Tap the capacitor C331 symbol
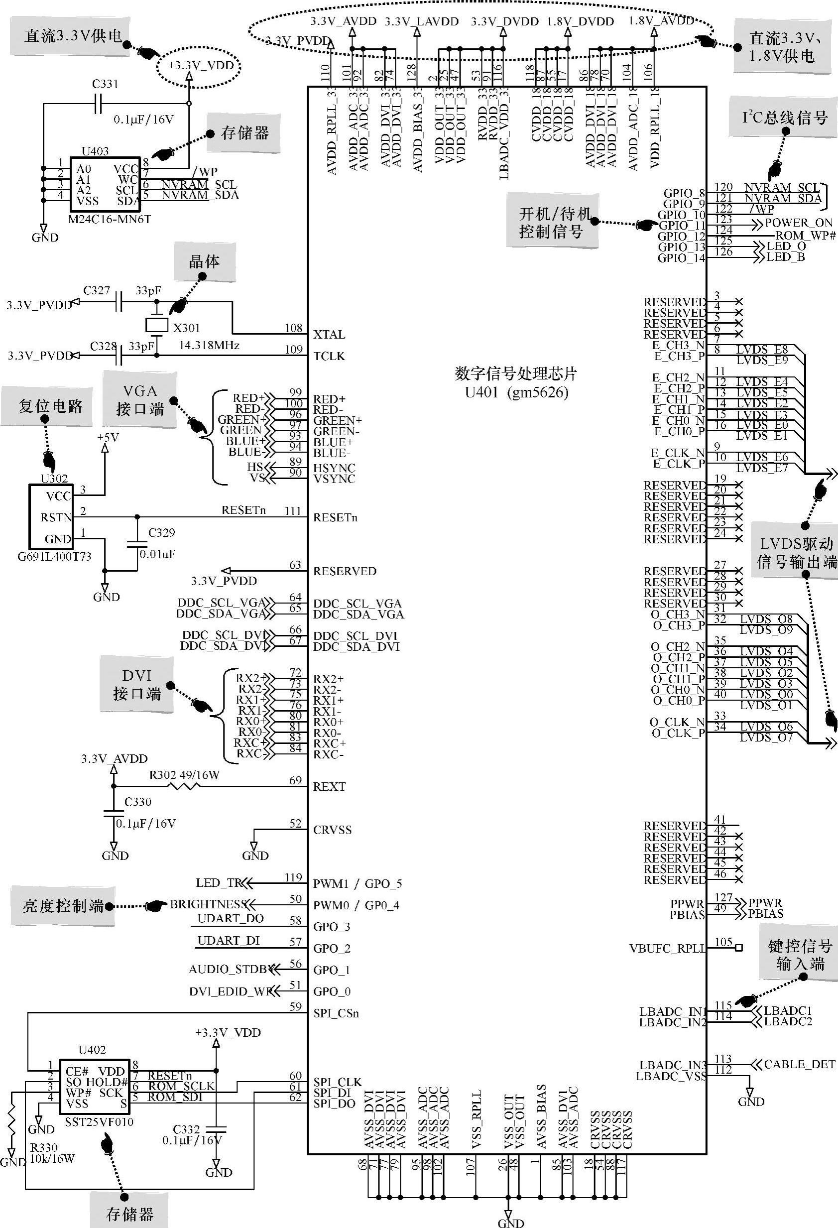coord(98,104)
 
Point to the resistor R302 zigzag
coord(183,786)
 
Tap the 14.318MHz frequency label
coord(209,346)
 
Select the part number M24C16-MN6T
coord(110,219)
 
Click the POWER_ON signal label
coord(798,223)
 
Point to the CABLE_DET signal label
coord(800,1064)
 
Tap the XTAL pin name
coord(329,335)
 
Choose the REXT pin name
coord(329,787)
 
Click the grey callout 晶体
coord(205,262)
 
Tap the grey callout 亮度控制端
coord(63,906)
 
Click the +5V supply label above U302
coord(108,438)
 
